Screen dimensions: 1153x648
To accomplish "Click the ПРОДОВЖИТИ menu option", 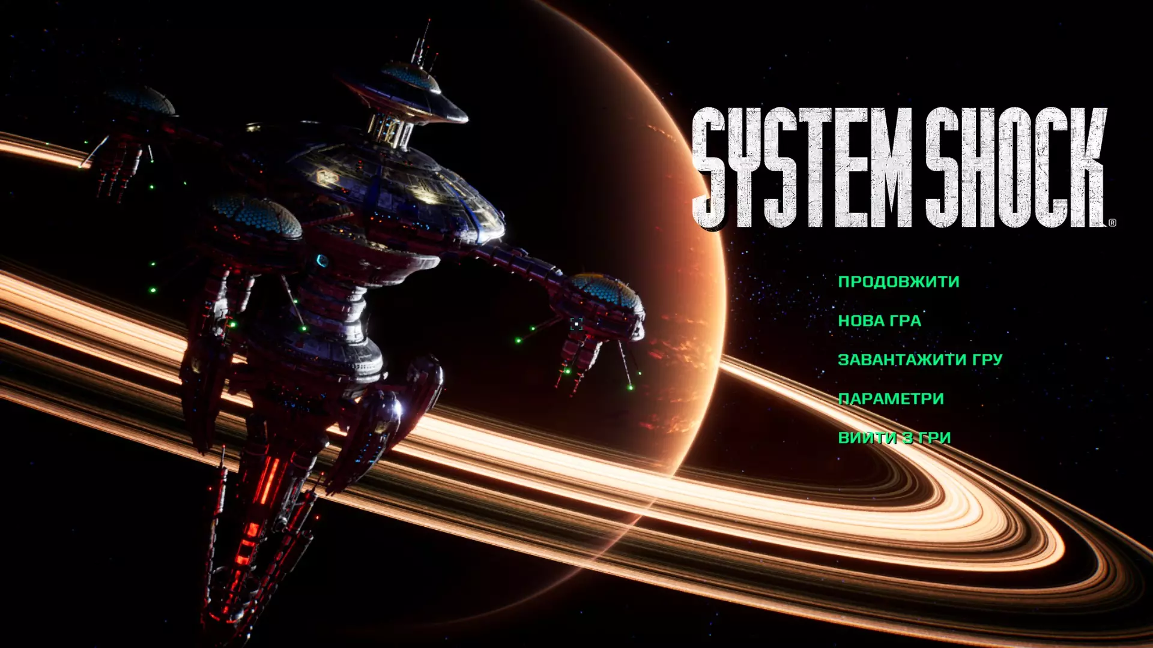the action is click(898, 281).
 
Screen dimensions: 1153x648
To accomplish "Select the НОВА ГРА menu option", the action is click(879, 320).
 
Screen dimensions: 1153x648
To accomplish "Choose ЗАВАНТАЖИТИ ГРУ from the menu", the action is click(920, 359).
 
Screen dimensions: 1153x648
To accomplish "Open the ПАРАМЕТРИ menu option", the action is click(891, 398).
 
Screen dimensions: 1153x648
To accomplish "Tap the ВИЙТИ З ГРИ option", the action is click(894, 437).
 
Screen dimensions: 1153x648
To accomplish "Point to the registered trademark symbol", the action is click(1112, 223).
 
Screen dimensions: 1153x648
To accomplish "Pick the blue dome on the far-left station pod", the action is click(141, 100).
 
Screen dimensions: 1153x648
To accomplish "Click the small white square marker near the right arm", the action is click(576, 324).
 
